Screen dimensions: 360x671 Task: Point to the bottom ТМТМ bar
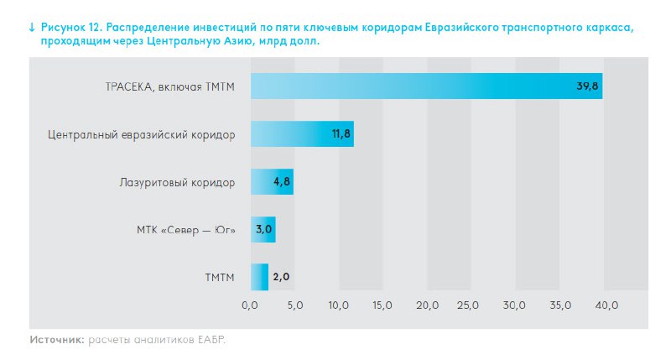click(259, 276)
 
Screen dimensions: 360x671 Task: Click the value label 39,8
click(587, 86)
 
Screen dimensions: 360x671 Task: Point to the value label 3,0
click(264, 228)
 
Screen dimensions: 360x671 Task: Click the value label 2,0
click(281, 276)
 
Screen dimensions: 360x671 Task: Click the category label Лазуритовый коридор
click(184, 181)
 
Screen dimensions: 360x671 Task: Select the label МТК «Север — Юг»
click(186, 228)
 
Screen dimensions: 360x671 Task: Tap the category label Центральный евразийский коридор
click(141, 133)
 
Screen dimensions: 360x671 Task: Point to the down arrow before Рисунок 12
click(32, 28)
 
